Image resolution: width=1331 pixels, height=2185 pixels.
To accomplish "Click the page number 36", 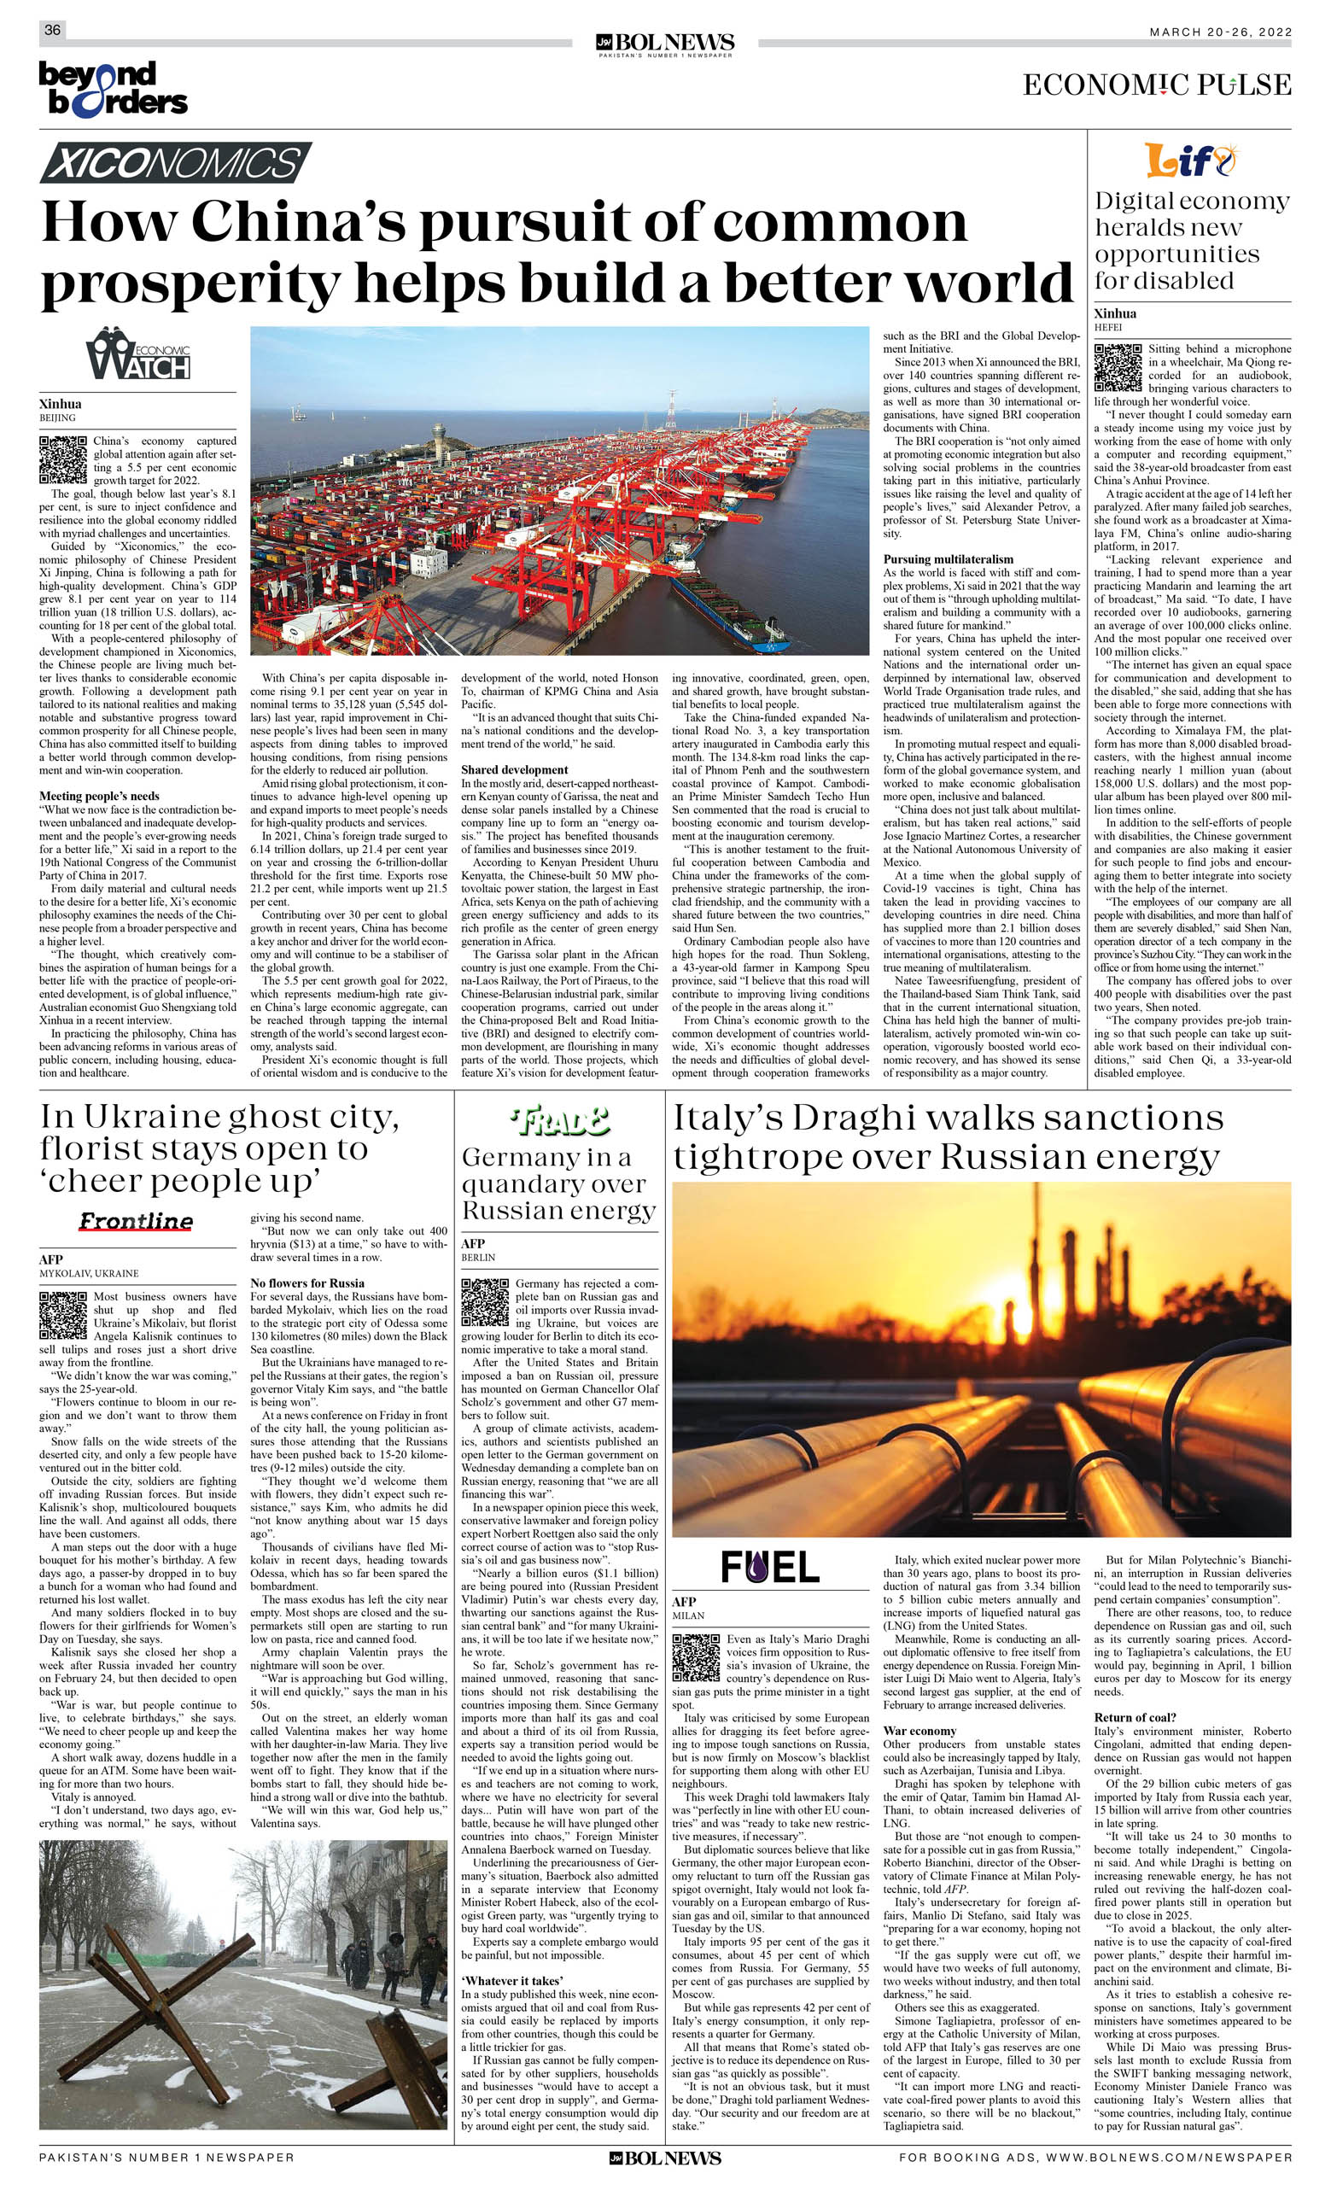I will click(x=52, y=30).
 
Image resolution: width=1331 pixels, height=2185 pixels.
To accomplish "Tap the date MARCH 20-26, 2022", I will click(x=1220, y=32).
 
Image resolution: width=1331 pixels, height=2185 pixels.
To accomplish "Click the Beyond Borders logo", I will click(x=113, y=89).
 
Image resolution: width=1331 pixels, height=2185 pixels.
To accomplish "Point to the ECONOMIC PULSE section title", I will click(x=1156, y=85).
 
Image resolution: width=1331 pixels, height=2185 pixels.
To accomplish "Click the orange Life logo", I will click(x=1188, y=161).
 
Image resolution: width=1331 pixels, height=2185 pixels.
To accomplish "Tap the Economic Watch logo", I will click(x=138, y=353).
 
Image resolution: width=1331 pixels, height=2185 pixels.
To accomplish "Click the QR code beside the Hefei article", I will click(x=1118, y=368).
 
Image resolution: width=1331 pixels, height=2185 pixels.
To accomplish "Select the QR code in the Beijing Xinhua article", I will click(x=63, y=459).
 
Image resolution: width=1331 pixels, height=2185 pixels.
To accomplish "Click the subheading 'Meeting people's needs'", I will click(x=99, y=797).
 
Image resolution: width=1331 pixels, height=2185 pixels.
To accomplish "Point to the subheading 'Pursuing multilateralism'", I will click(x=948, y=559).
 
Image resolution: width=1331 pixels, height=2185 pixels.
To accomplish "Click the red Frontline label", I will click(x=136, y=1222).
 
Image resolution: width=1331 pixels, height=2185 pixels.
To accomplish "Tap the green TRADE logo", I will click(x=559, y=1123).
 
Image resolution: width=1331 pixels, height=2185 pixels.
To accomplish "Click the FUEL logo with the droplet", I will click(x=770, y=1567).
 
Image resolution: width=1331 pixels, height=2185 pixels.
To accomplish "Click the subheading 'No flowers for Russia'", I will click(x=306, y=1283).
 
